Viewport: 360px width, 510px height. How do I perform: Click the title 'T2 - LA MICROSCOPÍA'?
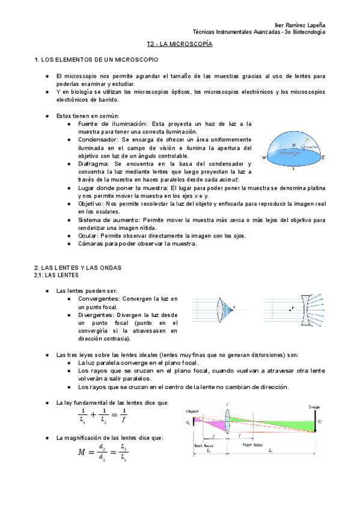pos(180,45)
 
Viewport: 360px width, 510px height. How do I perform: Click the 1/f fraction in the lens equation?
pos(123,416)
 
